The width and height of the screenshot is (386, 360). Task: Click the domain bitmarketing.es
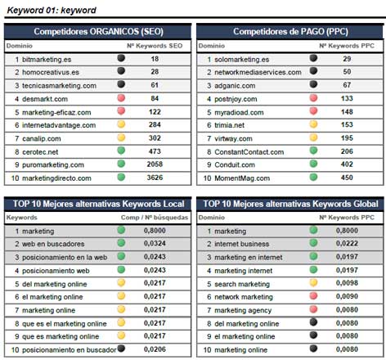click(x=47, y=60)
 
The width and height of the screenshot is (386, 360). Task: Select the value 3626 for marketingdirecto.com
click(x=155, y=178)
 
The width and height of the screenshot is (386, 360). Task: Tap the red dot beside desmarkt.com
click(x=121, y=98)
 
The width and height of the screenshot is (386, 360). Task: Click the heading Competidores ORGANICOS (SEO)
click(x=98, y=32)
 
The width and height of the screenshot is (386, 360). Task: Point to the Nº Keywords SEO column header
click(x=155, y=46)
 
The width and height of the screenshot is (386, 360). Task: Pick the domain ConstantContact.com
click(x=249, y=152)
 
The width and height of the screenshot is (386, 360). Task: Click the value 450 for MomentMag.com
click(x=347, y=178)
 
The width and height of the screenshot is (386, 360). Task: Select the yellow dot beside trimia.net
click(x=313, y=124)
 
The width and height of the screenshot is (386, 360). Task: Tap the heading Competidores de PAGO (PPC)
click(x=290, y=32)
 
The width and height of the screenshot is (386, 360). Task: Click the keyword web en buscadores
click(x=53, y=244)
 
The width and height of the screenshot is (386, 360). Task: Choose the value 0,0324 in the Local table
click(x=155, y=243)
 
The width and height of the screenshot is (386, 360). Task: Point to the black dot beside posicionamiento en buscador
click(x=121, y=349)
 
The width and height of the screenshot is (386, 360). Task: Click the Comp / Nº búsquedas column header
click(x=155, y=218)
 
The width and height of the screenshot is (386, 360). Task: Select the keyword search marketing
click(x=242, y=284)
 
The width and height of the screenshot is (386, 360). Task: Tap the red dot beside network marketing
click(x=313, y=295)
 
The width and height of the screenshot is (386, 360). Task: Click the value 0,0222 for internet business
click(x=347, y=243)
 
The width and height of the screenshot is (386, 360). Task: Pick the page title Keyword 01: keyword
click(x=52, y=11)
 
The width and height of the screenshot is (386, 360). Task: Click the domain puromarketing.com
click(x=53, y=164)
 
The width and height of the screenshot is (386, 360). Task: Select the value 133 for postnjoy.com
click(x=347, y=98)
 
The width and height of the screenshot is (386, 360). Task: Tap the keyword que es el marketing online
click(x=65, y=324)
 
